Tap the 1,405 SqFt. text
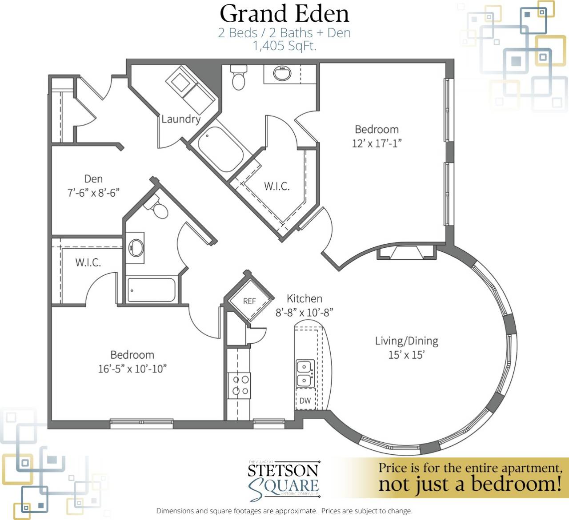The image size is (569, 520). tap(284, 46)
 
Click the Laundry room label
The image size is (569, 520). tap(180, 119)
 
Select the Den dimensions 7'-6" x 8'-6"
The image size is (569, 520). tap(93, 193)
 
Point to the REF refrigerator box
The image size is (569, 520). tap(249, 301)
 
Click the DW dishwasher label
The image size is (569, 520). tap(305, 401)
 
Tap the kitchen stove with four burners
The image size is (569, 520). tap(239, 385)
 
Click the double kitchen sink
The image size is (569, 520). tap(305, 373)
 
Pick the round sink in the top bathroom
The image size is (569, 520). tap(282, 73)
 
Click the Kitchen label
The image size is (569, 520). tap(305, 298)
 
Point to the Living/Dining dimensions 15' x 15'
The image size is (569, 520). tap(406, 355)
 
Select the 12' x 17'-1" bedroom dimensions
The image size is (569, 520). tap(377, 143)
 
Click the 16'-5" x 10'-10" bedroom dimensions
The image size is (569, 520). tap(132, 369)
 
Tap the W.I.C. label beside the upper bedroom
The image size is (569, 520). tap(276, 187)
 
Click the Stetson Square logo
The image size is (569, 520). tap(284, 480)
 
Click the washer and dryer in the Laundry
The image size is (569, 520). tap(191, 89)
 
